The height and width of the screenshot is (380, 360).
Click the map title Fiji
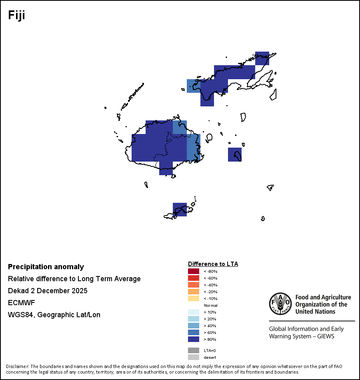point(17,15)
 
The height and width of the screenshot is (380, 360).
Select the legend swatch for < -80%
point(193,271)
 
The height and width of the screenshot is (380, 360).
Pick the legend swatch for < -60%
point(193,278)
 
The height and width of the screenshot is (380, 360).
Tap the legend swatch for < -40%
point(193,285)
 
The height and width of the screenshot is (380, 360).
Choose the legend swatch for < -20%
point(193,292)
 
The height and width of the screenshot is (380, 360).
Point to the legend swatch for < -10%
point(193,298)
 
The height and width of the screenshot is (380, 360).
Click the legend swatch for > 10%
point(193,312)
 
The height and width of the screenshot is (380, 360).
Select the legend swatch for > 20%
point(193,319)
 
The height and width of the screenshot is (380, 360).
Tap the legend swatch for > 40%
point(193,326)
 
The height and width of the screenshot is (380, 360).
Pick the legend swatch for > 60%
point(193,332)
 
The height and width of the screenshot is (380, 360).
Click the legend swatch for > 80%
point(193,339)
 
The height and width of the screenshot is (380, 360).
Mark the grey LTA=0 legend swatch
point(193,350)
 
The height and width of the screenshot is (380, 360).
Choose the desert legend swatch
point(193,357)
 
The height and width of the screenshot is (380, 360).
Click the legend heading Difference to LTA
point(213,264)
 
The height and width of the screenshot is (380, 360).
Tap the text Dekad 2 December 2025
point(48,291)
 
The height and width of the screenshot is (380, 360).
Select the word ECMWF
point(21,303)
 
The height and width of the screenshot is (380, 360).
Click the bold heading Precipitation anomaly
point(46,267)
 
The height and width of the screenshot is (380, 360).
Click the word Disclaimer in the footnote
point(17,366)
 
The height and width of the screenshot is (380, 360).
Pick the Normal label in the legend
point(210,305)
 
